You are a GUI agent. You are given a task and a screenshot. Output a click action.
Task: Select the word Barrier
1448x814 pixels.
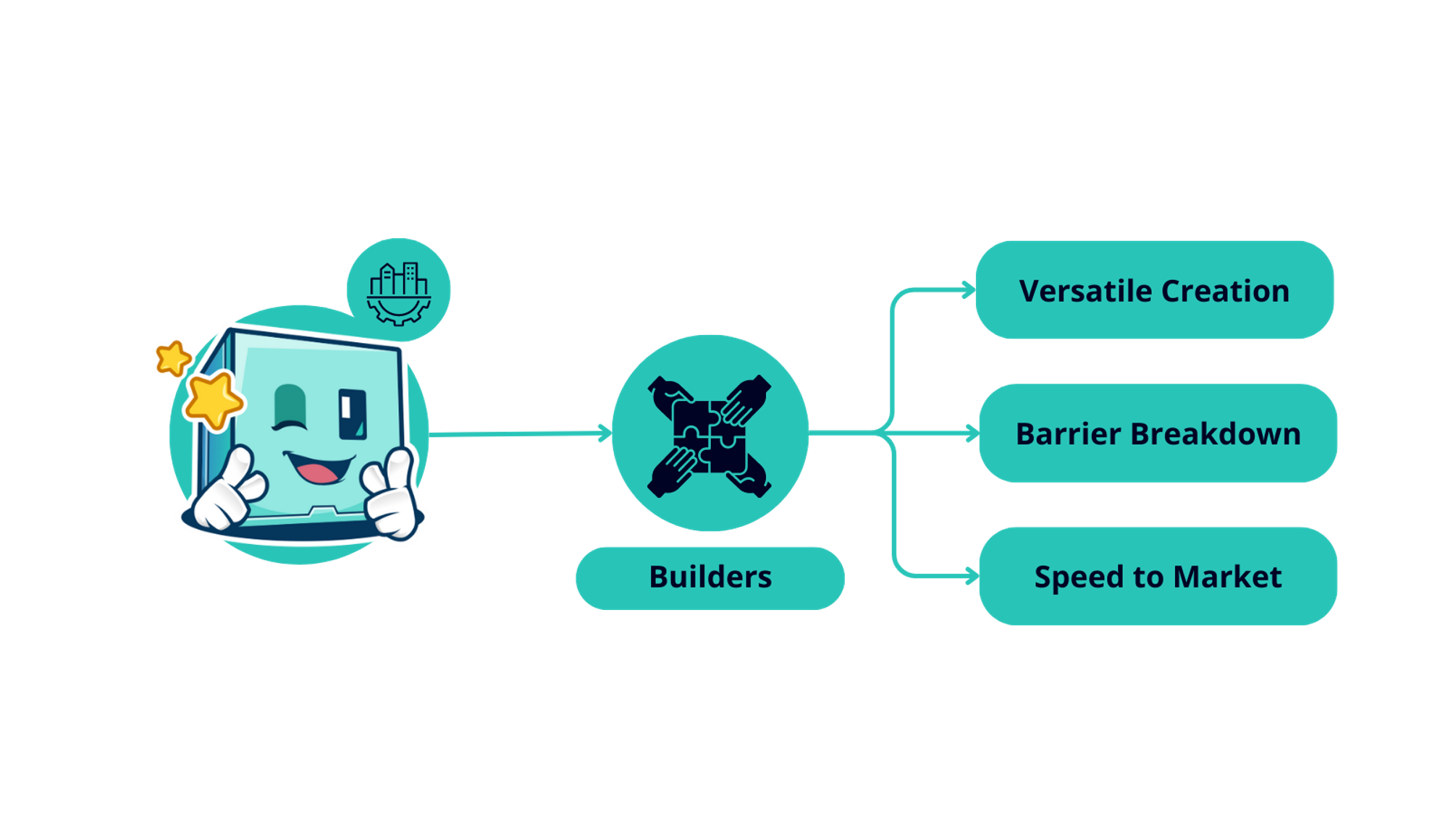(1068, 434)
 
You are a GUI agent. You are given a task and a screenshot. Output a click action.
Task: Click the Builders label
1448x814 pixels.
(710, 577)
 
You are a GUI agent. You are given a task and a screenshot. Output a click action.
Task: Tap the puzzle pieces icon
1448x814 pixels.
(710, 436)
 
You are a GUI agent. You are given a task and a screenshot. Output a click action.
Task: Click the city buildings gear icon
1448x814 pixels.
(399, 292)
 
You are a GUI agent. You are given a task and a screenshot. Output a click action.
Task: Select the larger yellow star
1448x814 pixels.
(211, 399)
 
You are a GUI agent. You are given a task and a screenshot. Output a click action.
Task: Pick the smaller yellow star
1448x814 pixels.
(172, 357)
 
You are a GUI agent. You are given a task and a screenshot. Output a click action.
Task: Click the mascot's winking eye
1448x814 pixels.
(290, 409)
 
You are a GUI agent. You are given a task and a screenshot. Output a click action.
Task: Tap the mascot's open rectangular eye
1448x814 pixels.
(353, 415)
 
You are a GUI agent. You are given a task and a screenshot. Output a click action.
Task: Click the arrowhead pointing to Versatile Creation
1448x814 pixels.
(969, 291)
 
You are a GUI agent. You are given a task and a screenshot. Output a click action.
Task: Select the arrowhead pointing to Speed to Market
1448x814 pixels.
(972, 577)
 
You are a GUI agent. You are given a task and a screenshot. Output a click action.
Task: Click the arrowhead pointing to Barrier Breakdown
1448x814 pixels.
(972, 434)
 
